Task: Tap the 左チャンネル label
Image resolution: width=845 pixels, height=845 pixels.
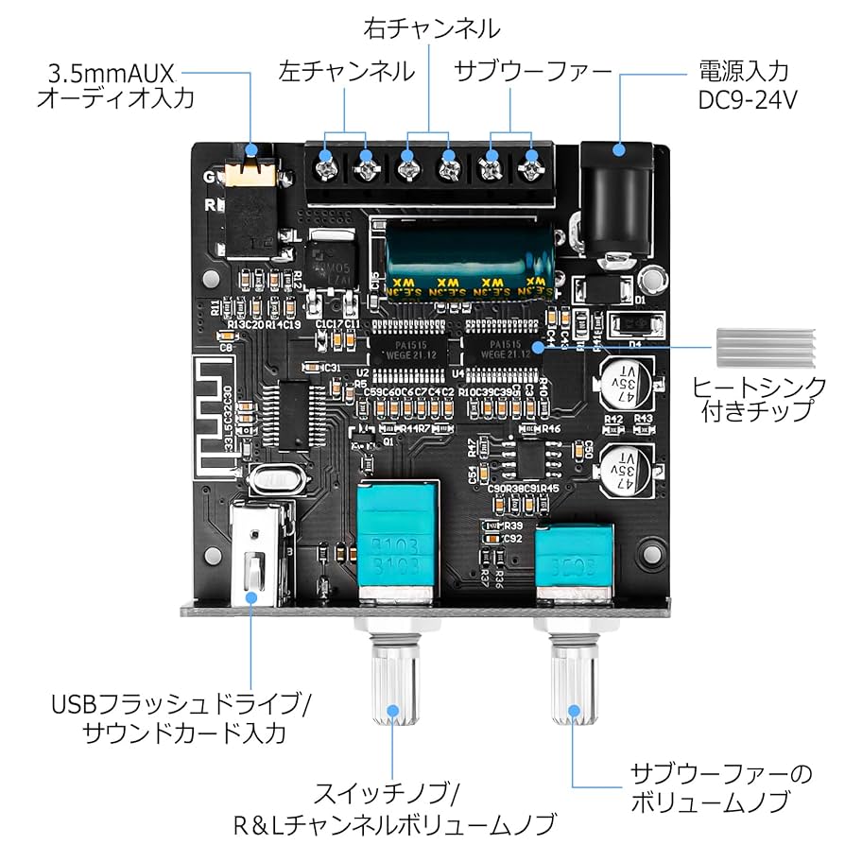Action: click(x=346, y=70)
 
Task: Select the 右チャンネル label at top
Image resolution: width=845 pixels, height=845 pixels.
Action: click(x=431, y=29)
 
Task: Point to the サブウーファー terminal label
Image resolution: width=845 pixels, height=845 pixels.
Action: click(x=532, y=70)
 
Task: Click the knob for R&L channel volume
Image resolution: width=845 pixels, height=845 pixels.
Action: click(x=391, y=681)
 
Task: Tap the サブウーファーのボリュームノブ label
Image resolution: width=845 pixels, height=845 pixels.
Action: click(x=721, y=789)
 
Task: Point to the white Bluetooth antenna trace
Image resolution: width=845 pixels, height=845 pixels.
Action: click(x=213, y=416)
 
